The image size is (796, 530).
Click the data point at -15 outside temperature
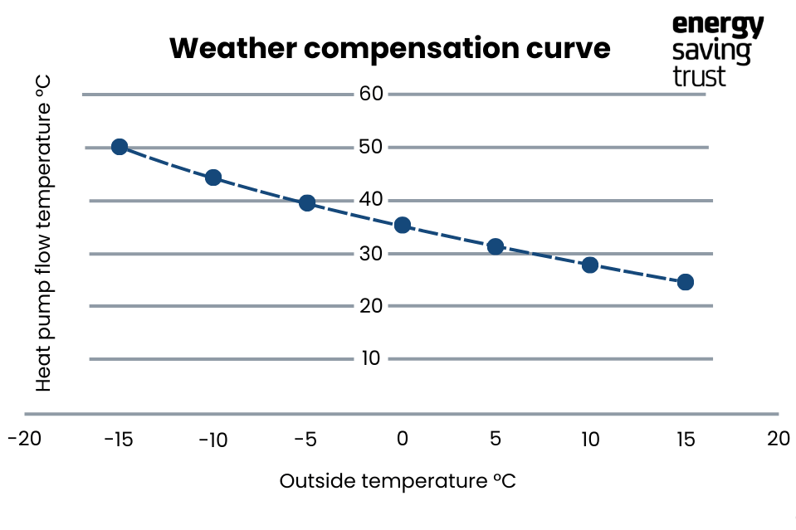[x=120, y=147]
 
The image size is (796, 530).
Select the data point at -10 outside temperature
[x=213, y=177]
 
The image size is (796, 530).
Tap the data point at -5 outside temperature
[x=307, y=203]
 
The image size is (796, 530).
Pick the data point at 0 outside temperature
[x=403, y=225]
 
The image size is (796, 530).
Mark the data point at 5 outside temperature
[x=496, y=246]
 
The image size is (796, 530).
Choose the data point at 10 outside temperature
[x=590, y=265]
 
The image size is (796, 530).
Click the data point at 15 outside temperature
[x=686, y=282]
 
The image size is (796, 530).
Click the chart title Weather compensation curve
[x=389, y=48]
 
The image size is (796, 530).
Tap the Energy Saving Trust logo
[x=717, y=50]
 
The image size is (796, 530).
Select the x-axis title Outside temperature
[x=398, y=482]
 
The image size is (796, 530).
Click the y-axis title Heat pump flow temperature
[x=44, y=234]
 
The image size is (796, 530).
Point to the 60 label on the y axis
[x=370, y=94]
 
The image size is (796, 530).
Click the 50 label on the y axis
[x=370, y=147]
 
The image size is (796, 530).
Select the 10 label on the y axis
[x=370, y=358]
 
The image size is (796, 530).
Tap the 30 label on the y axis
[x=370, y=253]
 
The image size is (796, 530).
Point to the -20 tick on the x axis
[x=24, y=439]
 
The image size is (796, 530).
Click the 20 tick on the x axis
[x=778, y=439]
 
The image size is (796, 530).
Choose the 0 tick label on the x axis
[x=403, y=440]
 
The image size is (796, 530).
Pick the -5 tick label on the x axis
[x=307, y=440]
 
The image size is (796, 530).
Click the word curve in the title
[x=564, y=48]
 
